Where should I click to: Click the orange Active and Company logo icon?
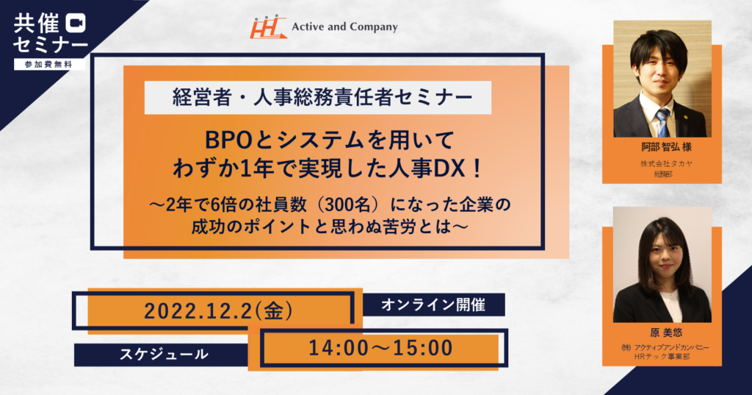tap(267, 27)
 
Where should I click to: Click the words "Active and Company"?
tap(345, 27)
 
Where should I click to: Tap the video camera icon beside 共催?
tap(76, 23)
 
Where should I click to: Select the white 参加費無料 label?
tap(49, 65)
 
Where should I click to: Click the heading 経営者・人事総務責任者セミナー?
tap(318, 98)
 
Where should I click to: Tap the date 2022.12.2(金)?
tap(219, 312)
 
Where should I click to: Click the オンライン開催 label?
tap(433, 305)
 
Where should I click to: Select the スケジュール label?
tap(164, 355)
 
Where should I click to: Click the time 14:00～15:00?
tap(381, 349)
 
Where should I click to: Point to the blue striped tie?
tap(663, 122)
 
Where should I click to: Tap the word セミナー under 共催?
tap(51, 45)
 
